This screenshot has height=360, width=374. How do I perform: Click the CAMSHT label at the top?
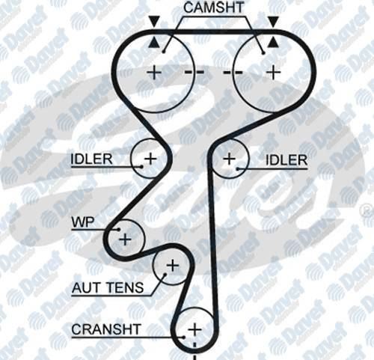coord(214,7)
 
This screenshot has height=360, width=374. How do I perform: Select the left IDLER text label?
coord(91,159)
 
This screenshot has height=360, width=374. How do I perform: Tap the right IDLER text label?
coord(286,160)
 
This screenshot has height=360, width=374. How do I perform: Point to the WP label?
coord(83,222)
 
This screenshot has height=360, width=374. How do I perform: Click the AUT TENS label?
coord(108,287)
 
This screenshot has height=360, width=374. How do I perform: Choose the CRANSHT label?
coord(106,329)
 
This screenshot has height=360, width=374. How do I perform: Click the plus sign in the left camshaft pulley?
coord(155,73)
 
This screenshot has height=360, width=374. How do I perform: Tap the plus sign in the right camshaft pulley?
coord(274,73)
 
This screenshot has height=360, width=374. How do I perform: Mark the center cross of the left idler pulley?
coord(150,159)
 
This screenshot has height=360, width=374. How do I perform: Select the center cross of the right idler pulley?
coord(230,159)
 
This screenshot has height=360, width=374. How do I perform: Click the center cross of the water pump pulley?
coord(125,240)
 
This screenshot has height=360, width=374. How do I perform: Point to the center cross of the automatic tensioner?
coord(173,266)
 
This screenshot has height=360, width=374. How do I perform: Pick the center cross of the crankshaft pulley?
coord(194,330)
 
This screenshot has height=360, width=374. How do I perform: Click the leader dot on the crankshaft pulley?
coord(184,338)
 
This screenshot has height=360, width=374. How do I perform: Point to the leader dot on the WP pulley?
coord(119,229)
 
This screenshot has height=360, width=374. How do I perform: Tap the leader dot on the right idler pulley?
coord(238,169)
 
